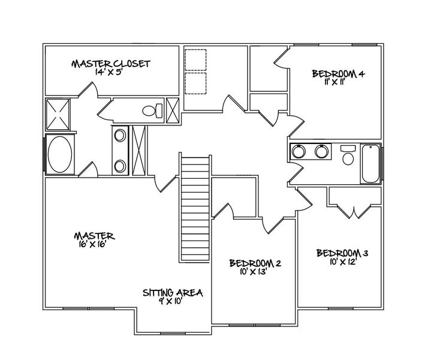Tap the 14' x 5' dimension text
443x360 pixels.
[110, 71]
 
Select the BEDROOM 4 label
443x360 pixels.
[338, 74]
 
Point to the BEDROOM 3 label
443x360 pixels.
[342, 253]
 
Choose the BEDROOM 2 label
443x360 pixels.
[255, 263]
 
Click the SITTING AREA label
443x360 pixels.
[173, 293]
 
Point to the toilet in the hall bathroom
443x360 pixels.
[347, 156]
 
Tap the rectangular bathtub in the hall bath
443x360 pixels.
[370, 163]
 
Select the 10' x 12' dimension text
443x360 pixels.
[341, 261]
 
